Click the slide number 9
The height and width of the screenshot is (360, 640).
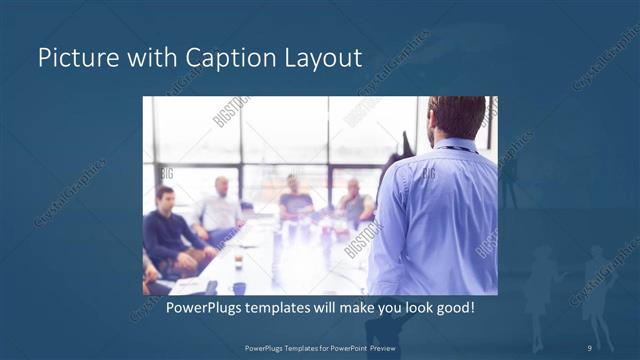pyautogui.click(x=590, y=347)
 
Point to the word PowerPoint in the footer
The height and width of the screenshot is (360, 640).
pyautogui.click(x=349, y=347)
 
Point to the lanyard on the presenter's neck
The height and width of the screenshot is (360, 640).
pyautogui.click(x=456, y=148)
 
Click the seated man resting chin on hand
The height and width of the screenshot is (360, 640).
pyautogui.click(x=352, y=203)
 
